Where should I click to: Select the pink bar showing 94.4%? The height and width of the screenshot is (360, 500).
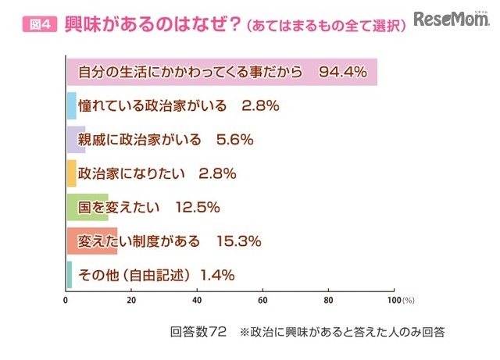222,73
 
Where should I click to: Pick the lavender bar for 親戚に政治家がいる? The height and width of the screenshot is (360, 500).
76,139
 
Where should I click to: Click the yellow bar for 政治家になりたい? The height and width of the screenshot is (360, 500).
71,173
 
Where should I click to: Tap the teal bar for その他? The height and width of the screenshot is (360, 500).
69,274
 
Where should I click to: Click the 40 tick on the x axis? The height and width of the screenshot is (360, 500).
198,299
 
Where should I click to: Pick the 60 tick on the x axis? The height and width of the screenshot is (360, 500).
263,299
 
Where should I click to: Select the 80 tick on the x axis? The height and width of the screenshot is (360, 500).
329,299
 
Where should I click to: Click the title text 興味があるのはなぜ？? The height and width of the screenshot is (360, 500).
148,24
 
